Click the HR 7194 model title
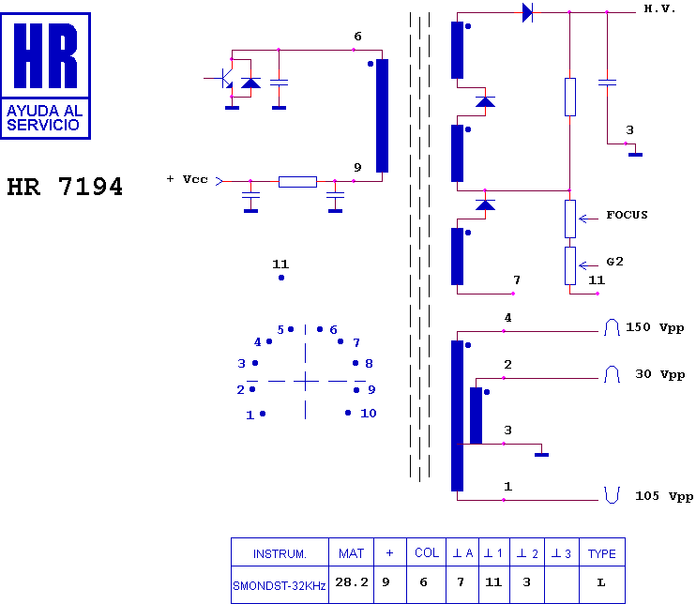coord(65,187)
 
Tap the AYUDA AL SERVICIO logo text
coord(45,117)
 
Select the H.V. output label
coord(659,8)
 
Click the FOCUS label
coord(627,215)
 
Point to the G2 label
coord(614,262)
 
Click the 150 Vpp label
coord(655,328)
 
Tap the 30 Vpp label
coord(659,374)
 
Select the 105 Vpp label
coord(664,496)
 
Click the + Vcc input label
coord(187,179)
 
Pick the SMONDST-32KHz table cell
coord(280,586)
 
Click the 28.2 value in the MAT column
coord(352,582)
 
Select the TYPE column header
coord(602,553)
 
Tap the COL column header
coord(427,552)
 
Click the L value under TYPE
coord(601,582)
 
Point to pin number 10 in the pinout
coord(369,414)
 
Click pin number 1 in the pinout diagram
coord(250,415)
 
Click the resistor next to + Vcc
coord(298,182)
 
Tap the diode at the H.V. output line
coord(527,12)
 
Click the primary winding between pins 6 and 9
coord(382,115)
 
